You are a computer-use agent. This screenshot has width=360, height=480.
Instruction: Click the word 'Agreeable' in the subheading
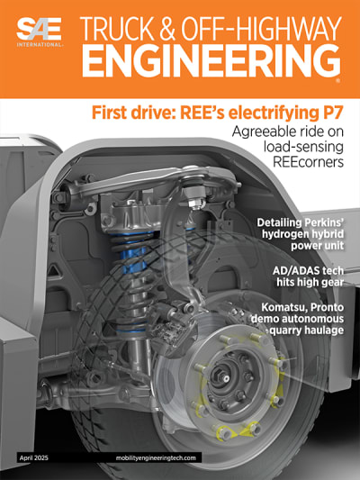pos(255,132)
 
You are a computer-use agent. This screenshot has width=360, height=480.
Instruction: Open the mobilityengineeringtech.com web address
pos(158,457)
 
